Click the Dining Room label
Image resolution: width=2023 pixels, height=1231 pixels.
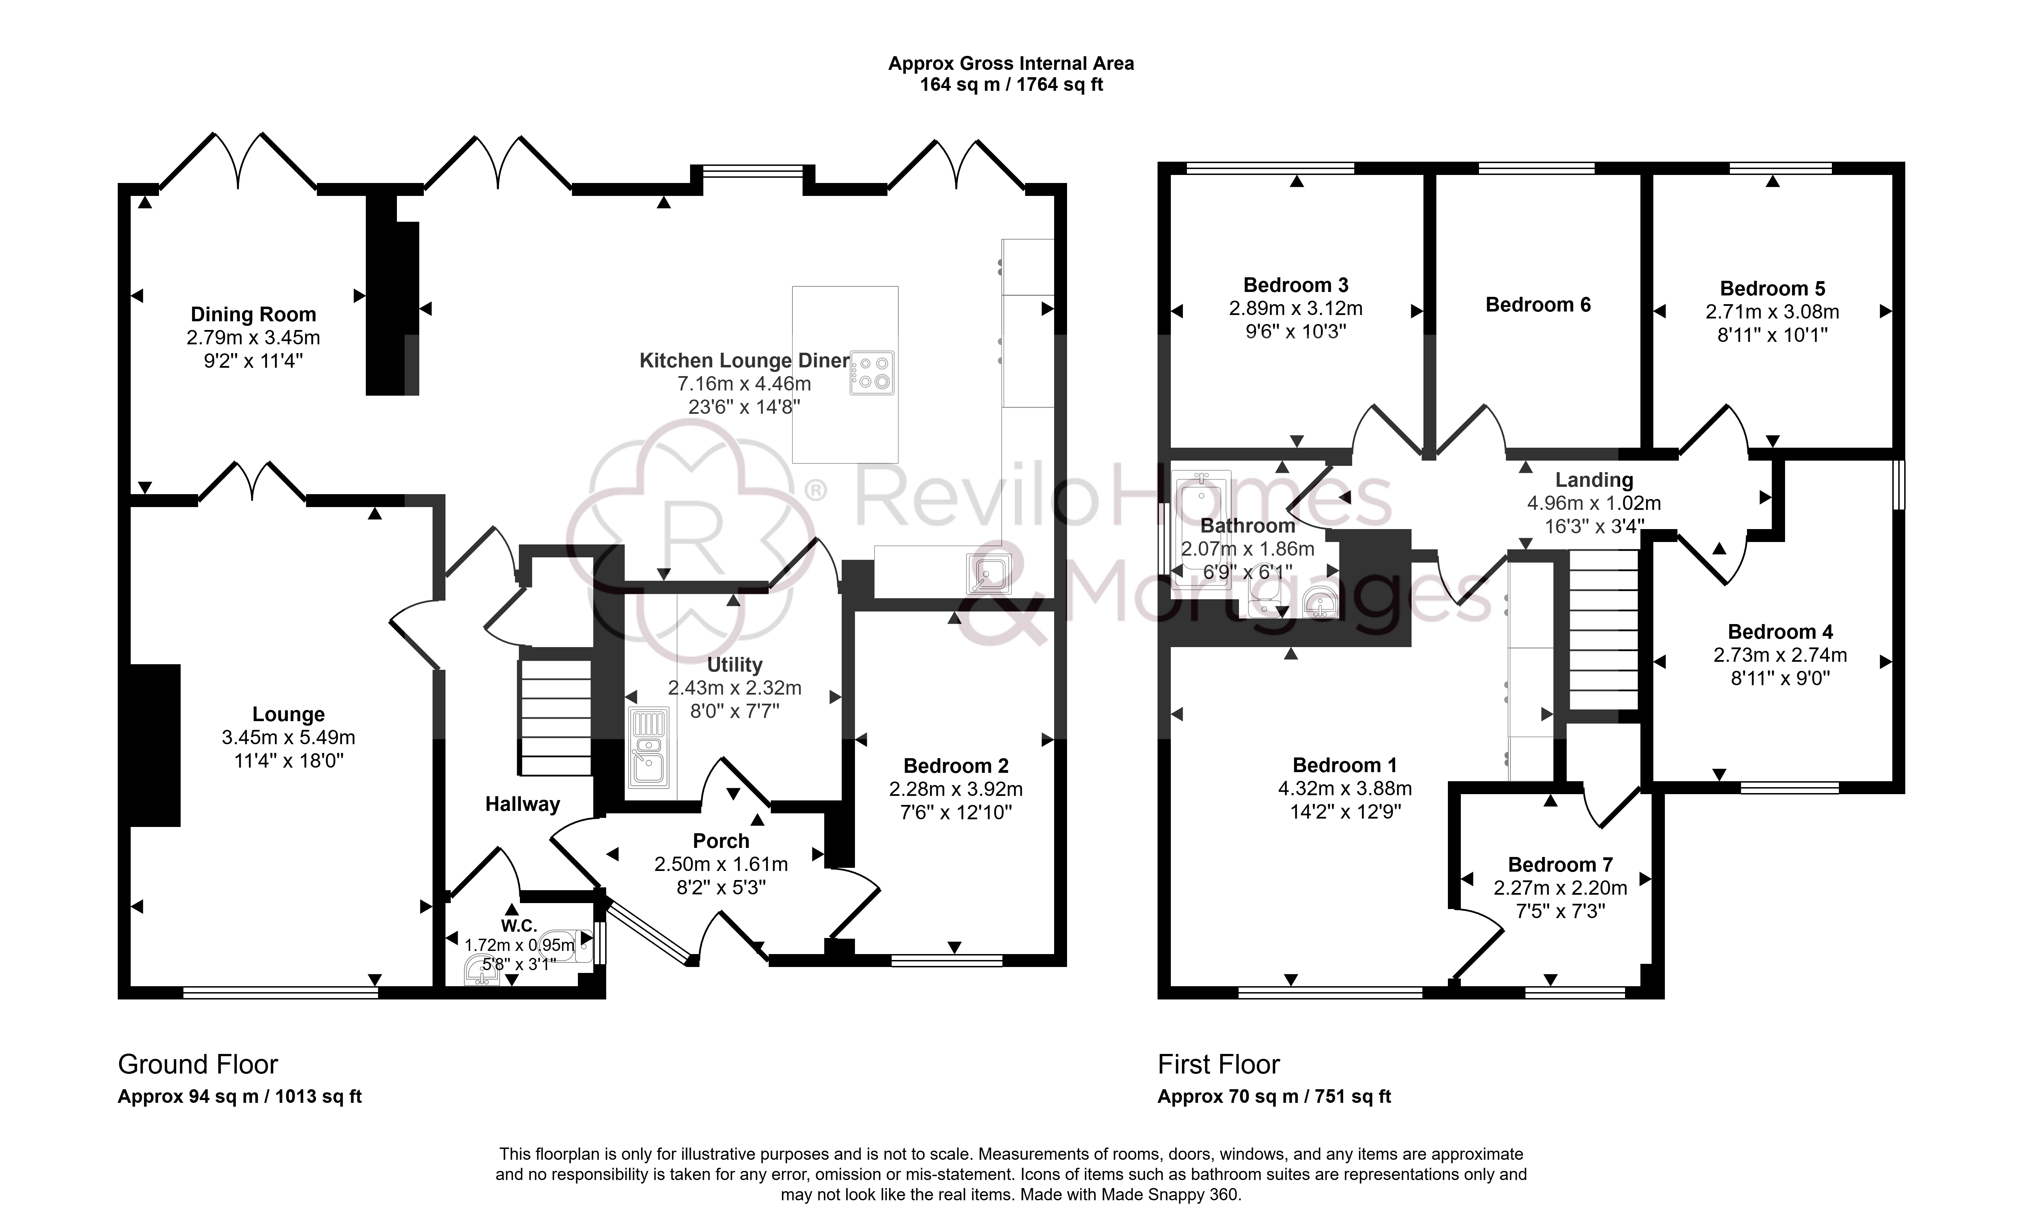point(253,314)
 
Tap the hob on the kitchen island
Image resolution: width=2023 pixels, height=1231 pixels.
point(872,373)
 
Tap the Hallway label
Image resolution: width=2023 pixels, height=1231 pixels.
point(522,804)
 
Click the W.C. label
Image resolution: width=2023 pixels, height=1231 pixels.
point(519,926)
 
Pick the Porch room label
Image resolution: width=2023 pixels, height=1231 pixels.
point(721,841)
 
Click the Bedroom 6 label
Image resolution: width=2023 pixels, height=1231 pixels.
point(1538,305)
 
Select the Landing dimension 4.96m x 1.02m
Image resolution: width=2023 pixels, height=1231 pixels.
point(1594,503)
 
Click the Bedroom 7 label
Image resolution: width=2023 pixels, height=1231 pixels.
point(1560,865)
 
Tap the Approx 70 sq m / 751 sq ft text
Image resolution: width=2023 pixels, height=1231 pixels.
point(1274,1097)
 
